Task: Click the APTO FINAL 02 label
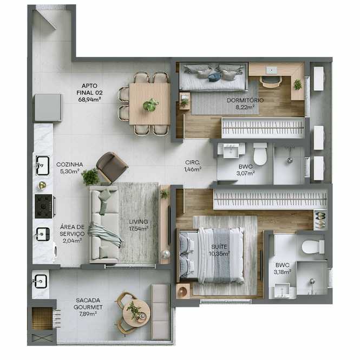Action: (89, 89)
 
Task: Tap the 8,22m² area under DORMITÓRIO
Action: (245, 107)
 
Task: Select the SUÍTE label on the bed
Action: (219, 247)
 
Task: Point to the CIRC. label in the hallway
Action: (192, 162)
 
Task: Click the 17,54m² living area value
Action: (139, 228)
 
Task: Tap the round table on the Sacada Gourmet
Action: (136, 313)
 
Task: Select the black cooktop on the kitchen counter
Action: (44, 206)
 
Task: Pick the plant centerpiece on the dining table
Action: (150, 105)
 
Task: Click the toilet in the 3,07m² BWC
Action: (260, 154)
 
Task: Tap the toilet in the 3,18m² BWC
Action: (313, 247)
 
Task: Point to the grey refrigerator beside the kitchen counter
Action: (48, 107)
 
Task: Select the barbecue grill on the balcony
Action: (42, 318)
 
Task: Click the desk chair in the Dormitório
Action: (271, 82)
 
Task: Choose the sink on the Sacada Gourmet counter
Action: (41, 281)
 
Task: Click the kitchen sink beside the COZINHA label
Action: (42, 165)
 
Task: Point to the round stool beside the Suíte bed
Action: (183, 291)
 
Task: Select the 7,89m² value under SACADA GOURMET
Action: (88, 313)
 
